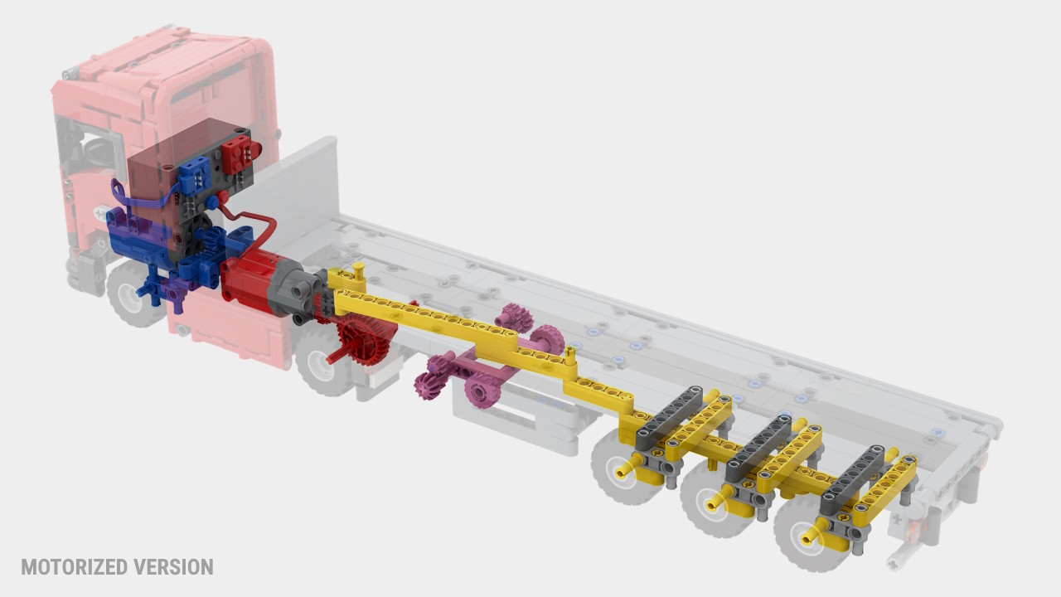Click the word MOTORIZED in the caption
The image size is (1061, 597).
pyautogui.click(x=75, y=567)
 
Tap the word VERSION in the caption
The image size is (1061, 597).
pyautogui.click(x=173, y=567)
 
